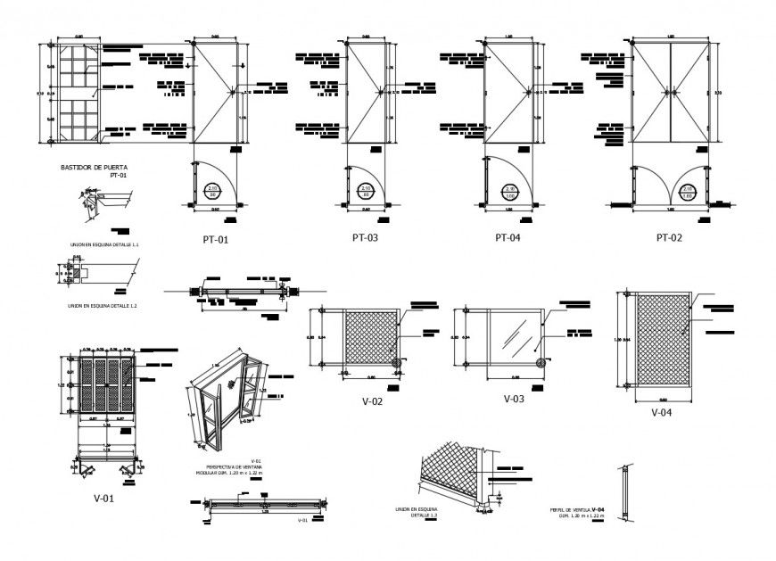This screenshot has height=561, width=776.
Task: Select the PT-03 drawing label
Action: tap(367, 237)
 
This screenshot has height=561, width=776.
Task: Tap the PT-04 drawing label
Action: tap(509, 238)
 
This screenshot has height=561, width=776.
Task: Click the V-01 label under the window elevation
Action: tap(103, 499)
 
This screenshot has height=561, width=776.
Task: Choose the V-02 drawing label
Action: tap(372, 401)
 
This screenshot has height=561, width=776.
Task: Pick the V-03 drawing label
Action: tap(516, 399)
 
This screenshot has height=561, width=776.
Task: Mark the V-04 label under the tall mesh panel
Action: tap(661, 412)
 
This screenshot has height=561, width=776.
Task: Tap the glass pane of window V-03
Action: tap(512, 334)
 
